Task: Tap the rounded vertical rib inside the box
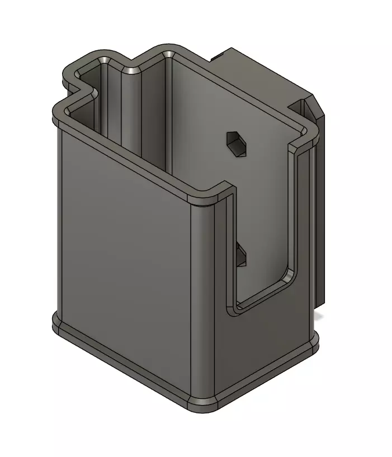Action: click(132, 112)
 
